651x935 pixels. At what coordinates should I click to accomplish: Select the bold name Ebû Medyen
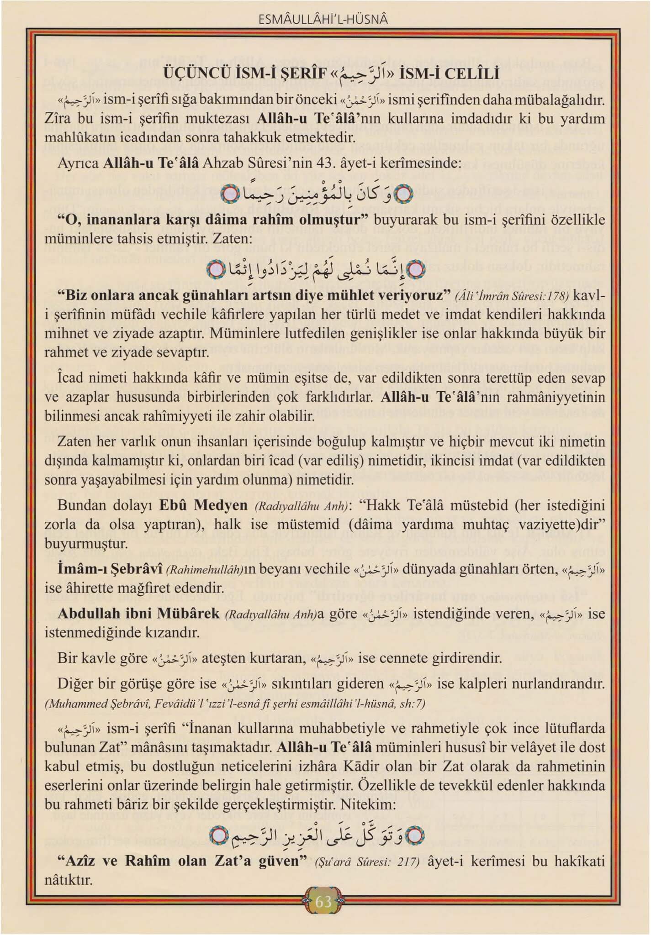[203, 506]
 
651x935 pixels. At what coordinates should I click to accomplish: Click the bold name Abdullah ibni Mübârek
[138, 614]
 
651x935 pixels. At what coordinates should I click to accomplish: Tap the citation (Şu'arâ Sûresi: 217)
[367, 862]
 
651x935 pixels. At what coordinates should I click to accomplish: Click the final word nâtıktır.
[69, 879]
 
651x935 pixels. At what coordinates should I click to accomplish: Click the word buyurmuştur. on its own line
[86, 544]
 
